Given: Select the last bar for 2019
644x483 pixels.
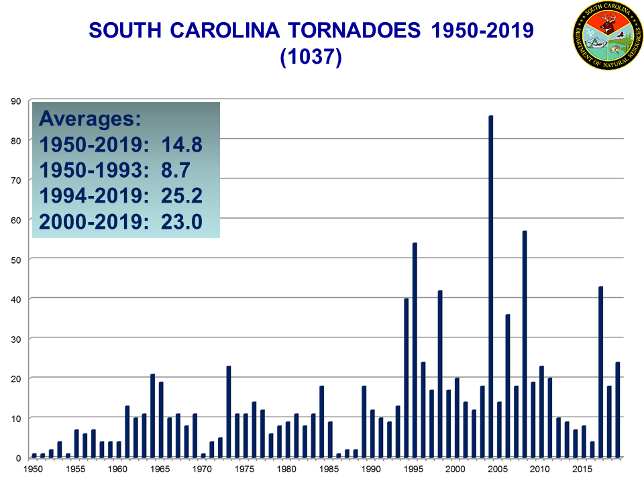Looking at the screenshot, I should (x=618, y=410).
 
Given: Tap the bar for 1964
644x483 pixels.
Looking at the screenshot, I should (x=153, y=415).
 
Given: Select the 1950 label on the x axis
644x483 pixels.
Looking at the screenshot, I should (x=34, y=469).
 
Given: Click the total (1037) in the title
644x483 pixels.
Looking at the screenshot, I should (x=311, y=58).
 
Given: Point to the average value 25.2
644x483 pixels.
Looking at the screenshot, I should (x=181, y=195).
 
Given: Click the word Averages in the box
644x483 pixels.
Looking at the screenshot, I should (x=90, y=119).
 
